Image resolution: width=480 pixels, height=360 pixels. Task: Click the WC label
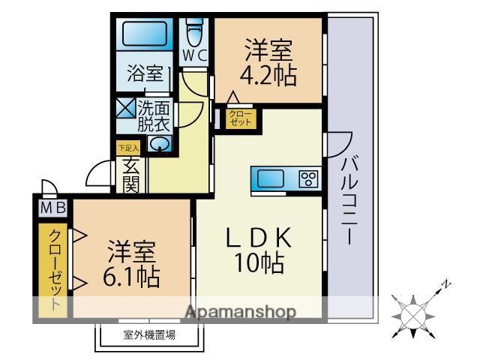pyautogui.click(x=196, y=55)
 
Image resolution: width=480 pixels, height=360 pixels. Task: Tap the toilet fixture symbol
pyautogui.click(x=196, y=32)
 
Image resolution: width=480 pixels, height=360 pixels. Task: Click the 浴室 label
pyautogui.click(x=145, y=73)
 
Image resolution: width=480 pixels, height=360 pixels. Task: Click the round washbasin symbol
pyautogui.click(x=160, y=144)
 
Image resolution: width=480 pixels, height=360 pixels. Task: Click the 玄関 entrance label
pyautogui.click(x=130, y=175)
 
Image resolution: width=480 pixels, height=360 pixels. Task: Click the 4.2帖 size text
pyautogui.click(x=267, y=76)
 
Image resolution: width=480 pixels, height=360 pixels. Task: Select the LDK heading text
pyautogui.click(x=259, y=238)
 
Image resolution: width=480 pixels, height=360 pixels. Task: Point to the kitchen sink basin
pyautogui.click(x=271, y=178)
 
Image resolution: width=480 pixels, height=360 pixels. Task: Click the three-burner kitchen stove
pyautogui.click(x=308, y=178)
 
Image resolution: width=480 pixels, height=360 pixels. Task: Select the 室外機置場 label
pyautogui.click(x=149, y=335)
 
